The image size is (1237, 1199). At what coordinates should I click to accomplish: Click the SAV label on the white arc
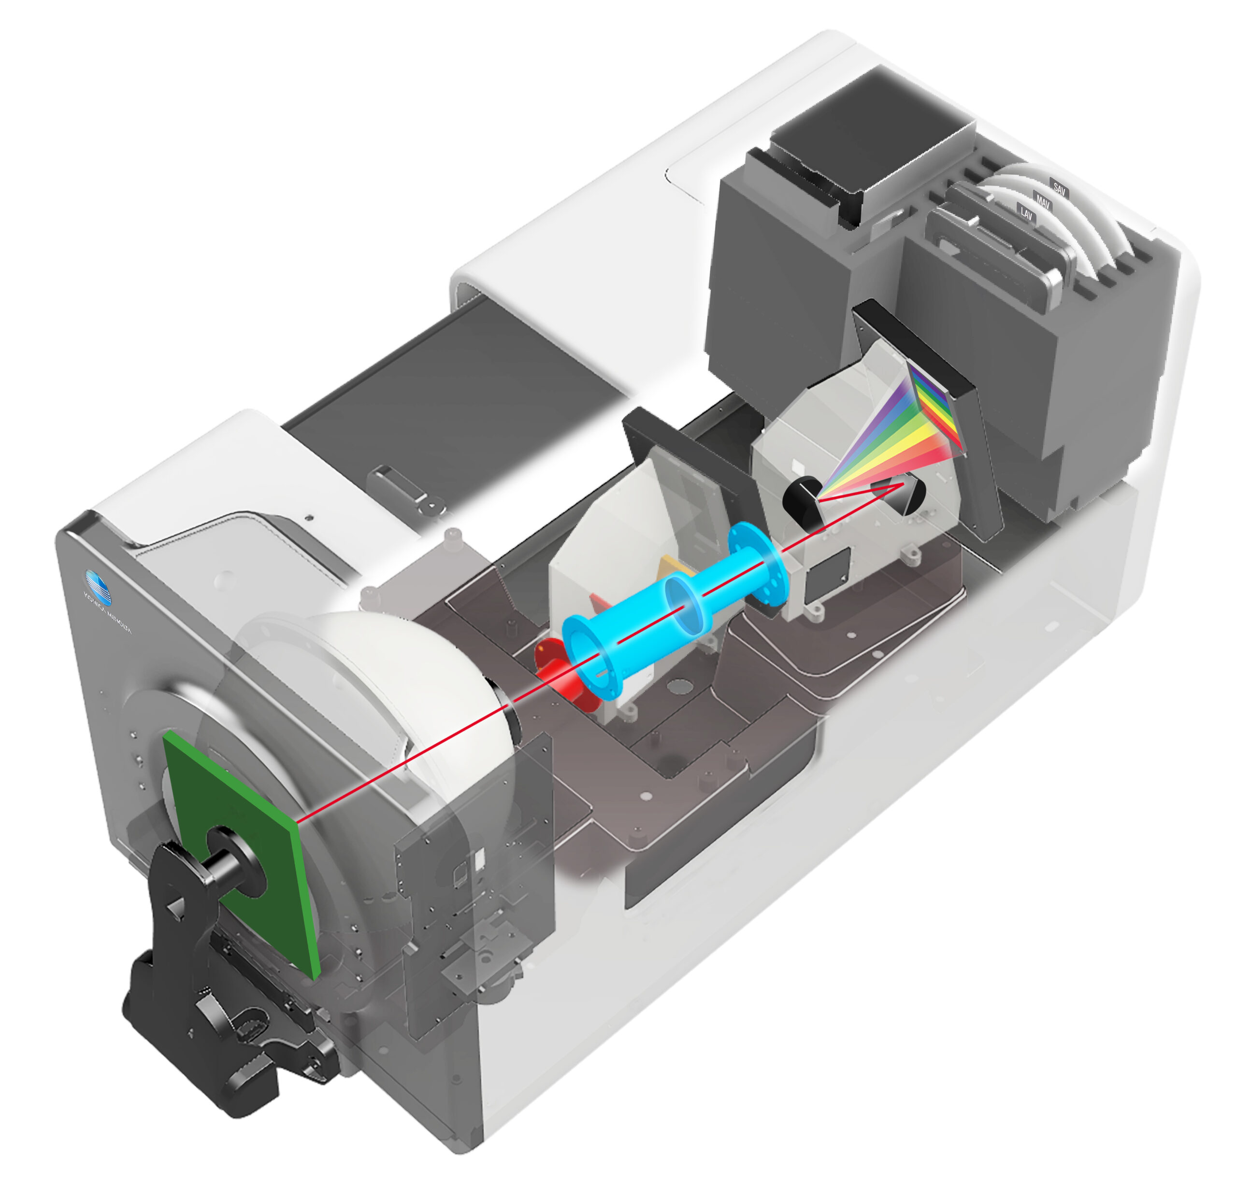[1059, 187]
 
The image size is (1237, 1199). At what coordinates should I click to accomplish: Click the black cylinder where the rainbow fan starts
[802, 503]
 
